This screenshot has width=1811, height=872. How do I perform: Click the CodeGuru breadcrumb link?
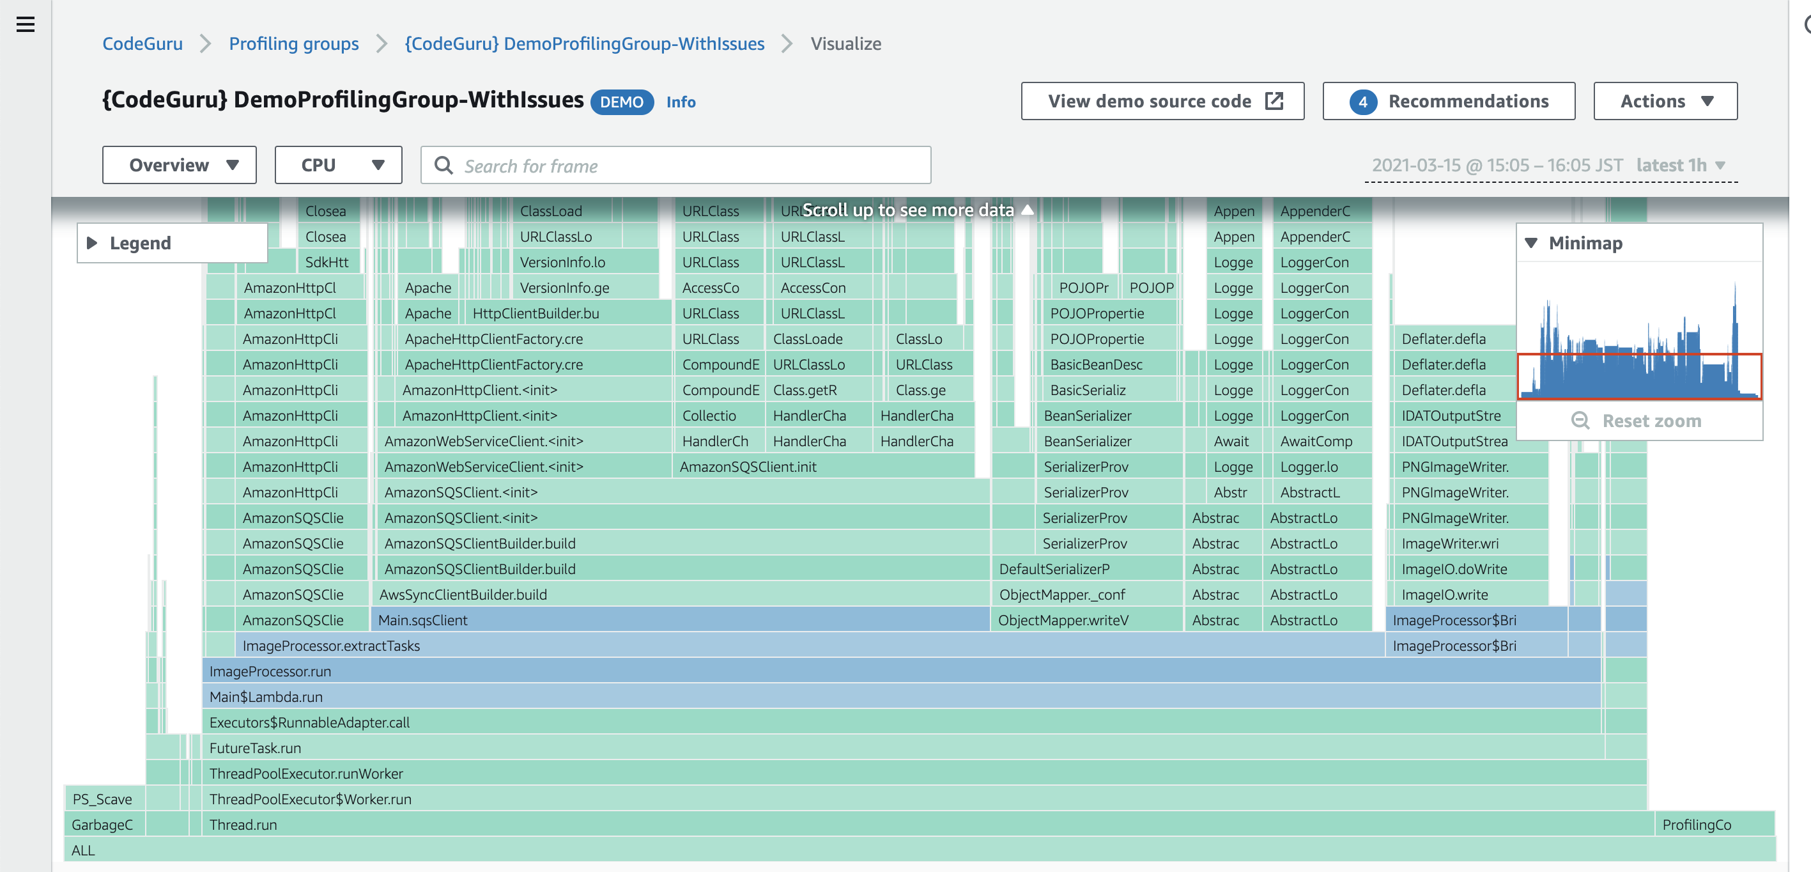point(142,43)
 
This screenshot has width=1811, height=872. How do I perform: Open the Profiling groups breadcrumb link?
point(294,43)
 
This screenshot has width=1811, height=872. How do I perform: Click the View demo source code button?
point(1162,101)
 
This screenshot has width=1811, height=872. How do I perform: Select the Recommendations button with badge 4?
point(1448,101)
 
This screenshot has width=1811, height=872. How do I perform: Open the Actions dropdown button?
point(1665,101)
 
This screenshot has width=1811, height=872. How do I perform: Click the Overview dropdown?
point(180,165)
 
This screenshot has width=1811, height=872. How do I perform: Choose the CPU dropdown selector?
point(338,165)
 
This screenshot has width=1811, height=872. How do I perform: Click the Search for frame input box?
point(675,165)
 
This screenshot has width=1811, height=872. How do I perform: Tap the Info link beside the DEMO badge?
point(681,102)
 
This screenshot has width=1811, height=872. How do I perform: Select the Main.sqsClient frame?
point(680,620)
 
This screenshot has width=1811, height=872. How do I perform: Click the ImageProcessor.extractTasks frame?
point(809,646)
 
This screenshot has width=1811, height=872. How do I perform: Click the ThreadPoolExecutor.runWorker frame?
point(924,774)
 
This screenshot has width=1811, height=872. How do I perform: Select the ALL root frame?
point(920,850)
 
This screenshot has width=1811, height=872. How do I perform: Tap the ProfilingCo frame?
point(1715,825)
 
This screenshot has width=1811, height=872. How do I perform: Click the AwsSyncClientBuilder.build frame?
point(680,595)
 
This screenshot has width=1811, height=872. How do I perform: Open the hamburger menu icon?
point(26,24)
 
